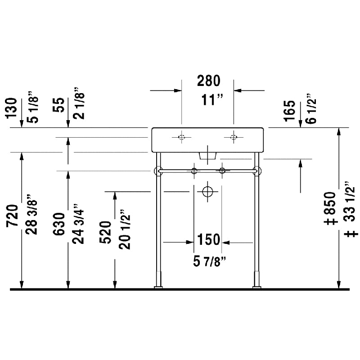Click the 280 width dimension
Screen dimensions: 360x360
pos(208,81)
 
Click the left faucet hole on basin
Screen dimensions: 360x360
pos(181,137)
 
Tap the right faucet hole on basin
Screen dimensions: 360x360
pos(234,137)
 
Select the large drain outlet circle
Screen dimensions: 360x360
pos(207,192)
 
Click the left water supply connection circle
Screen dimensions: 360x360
pos(194,171)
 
